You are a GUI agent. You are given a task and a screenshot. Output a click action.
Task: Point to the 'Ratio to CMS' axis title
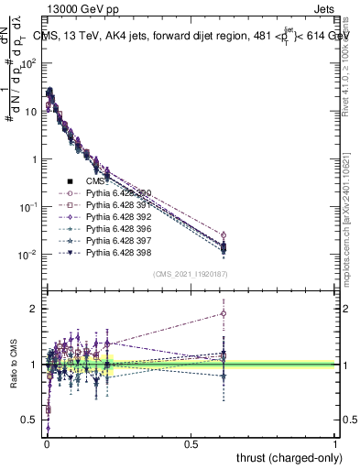point(12,374)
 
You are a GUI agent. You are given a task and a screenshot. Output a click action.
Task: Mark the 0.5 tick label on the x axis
point(191,443)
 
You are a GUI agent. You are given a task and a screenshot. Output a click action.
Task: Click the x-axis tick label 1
point(335,443)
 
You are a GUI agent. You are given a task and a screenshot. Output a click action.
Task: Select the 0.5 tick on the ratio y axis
point(33,420)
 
